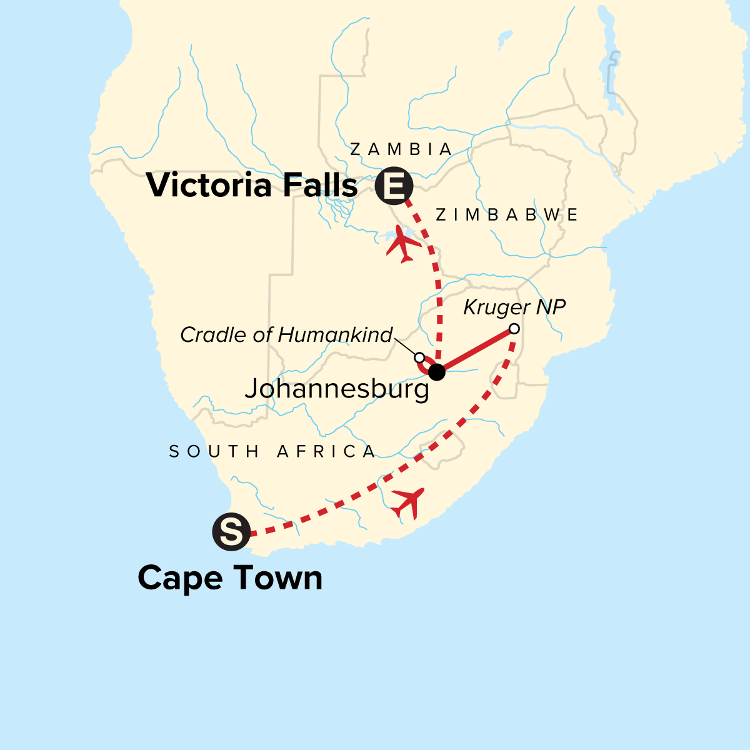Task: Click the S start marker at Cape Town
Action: pyautogui.click(x=231, y=532)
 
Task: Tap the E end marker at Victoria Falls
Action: pyautogui.click(x=394, y=186)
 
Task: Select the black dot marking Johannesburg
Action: pyautogui.click(x=437, y=372)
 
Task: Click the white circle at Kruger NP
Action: pyautogui.click(x=514, y=329)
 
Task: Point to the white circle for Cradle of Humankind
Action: pyautogui.click(x=420, y=357)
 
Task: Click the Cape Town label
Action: pyautogui.click(x=230, y=578)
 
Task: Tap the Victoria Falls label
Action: pyautogui.click(x=252, y=186)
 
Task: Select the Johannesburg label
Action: pyautogui.click(x=337, y=389)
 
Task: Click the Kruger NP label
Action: pyautogui.click(x=514, y=307)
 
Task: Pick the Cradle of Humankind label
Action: pyautogui.click(x=286, y=335)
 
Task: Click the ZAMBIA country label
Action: pyautogui.click(x=401, y=149)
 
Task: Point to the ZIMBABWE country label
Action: pyautogui.click(x=507, y=215)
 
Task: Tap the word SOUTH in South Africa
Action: pyautogui.click(x=214, y=451)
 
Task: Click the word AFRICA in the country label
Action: pyautogui.click(x=326, y=451)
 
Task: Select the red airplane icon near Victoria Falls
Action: pyautogui.click(x=403, y=245)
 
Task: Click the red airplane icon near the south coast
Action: pyautogui.click(x=407, y=502)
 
